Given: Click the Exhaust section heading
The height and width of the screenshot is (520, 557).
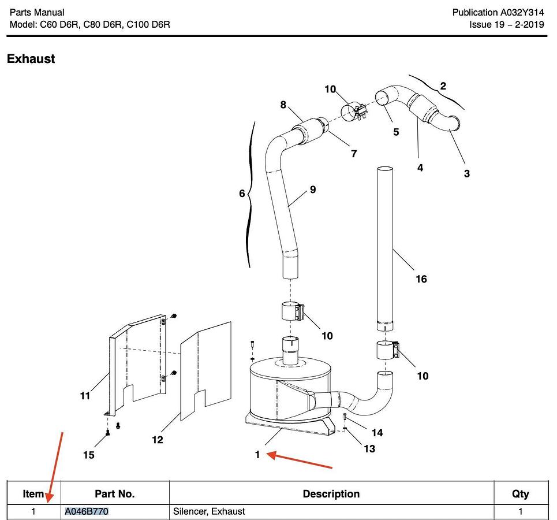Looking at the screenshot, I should (31, 59).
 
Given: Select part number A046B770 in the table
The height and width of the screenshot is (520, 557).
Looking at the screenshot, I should (87, 511).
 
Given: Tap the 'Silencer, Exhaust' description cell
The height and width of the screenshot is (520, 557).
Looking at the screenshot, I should (209, 511).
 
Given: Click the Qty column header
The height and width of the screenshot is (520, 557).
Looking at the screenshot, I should (520, 494).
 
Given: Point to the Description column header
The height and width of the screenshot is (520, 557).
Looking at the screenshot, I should (331, 494).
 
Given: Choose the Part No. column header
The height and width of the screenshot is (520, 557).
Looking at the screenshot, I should (115, 494).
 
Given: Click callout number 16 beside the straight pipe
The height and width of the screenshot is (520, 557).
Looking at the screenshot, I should (421, 280).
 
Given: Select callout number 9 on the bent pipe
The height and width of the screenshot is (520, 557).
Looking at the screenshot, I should (312, 189).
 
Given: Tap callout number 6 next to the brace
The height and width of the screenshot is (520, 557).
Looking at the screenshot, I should (242, 194).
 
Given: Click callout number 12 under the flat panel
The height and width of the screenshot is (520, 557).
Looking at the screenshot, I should (157, 440).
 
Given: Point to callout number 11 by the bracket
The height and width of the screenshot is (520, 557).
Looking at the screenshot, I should (85, 396).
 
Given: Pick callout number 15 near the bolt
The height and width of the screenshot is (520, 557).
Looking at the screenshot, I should (88, 455).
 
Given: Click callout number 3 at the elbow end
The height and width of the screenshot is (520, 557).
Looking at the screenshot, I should (467, 173).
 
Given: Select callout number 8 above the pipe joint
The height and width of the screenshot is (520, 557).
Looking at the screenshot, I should (283, 105).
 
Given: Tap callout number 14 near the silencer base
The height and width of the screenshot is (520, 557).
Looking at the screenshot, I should (377, 433).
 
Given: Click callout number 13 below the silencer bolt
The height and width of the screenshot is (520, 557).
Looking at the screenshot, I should (369, 449).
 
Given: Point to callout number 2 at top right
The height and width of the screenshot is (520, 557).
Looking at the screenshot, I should (443, 87).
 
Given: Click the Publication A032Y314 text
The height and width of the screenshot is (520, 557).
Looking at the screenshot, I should (498, 12).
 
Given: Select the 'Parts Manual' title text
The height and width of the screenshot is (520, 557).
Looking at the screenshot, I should (37, 12).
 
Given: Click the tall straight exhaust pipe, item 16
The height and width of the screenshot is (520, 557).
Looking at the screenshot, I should (386, 243).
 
